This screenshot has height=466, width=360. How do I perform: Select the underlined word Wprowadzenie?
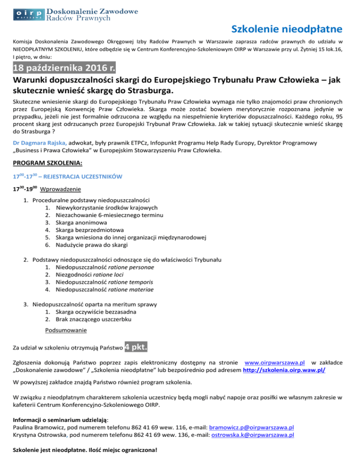(60, 189)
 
